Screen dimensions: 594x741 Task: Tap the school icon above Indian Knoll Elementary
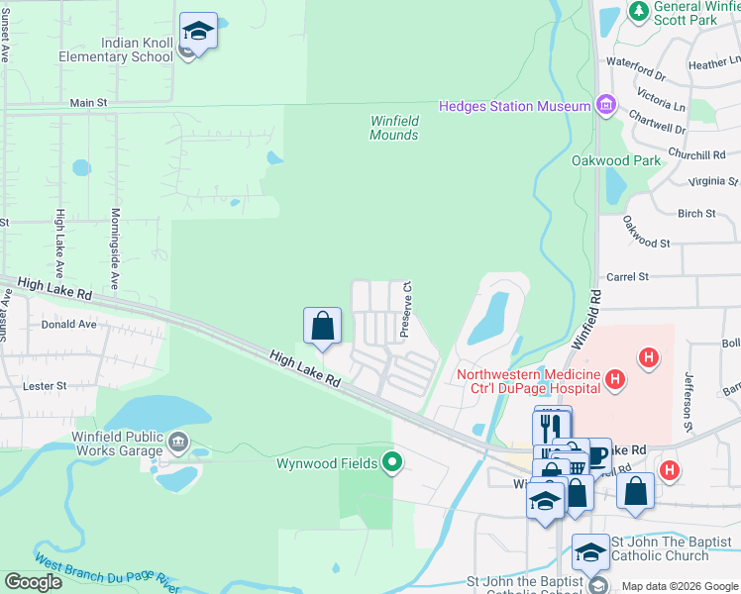click(198, 32)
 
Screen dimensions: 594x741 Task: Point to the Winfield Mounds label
click(394, 128)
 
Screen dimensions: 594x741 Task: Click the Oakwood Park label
click(616, 160)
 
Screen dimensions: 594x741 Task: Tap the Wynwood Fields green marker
click(393, 462)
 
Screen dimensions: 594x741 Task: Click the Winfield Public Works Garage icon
click(177, 441)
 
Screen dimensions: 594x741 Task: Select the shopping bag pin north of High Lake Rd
click(322, 327)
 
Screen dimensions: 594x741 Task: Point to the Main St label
click(88, 102)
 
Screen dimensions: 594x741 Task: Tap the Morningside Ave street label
click(115, 248)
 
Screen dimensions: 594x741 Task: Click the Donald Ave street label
click(69, 324)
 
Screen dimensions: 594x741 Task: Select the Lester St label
click(47, 385)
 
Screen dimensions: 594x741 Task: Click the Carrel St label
click(627, 277)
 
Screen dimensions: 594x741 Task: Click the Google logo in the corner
click(34, 582)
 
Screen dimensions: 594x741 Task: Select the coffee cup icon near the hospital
click(596, 455)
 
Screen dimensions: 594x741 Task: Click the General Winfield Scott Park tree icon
click(640, 11)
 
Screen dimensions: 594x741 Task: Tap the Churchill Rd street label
click(696, 154)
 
